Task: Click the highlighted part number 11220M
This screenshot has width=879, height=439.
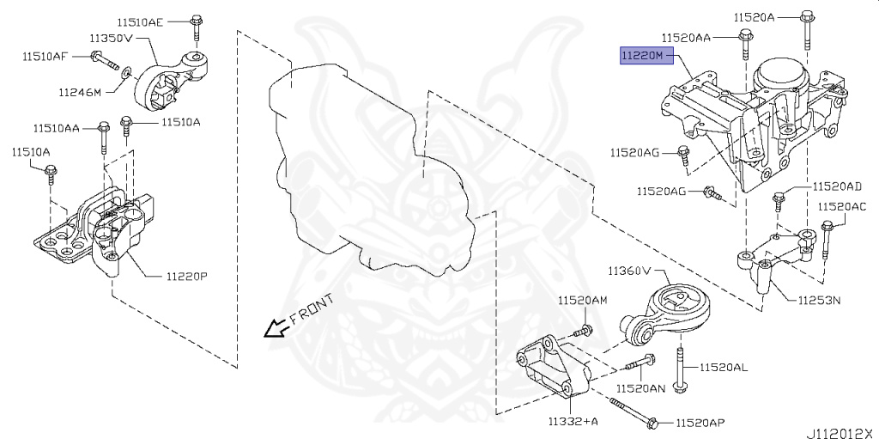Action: pos(643,56)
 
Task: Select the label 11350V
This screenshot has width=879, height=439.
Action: pos(110,39)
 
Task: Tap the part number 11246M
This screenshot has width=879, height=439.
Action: pos(81,92)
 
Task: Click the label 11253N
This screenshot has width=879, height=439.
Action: pos(818,301)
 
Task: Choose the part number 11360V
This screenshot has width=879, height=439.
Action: pos(630,271)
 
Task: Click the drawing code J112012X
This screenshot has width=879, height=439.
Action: pos(839,432)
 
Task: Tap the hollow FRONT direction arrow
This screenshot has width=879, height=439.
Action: pos(275,328)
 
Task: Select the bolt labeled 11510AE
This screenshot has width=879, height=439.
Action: pos(197,27)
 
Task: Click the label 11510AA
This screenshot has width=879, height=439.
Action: pos(57,128)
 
